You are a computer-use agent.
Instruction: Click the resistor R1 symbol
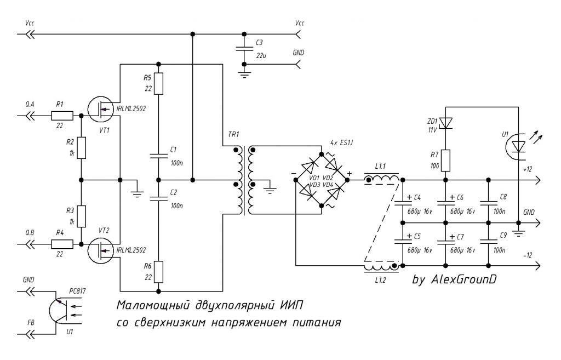click(x=62, y=116)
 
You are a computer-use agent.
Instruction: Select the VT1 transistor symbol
click(x=101, y=110)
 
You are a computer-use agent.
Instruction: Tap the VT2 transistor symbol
click(x=101, y=250)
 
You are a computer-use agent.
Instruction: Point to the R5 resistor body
click(x=158, y=83)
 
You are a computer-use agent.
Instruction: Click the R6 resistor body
click(x=158, y=272)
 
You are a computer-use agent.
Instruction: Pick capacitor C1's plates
click(x=158, y=156)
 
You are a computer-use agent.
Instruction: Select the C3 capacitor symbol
click(x=244, y=49)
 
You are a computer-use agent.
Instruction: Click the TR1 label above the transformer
click(x=233, y=135)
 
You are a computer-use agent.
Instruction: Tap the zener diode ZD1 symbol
click(x=445, y=123)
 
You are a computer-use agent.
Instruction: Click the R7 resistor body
click(x=445, y=161)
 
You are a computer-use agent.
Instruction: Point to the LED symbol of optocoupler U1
click(x=518, y=147)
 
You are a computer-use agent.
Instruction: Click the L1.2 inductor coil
click(x=381, y=267)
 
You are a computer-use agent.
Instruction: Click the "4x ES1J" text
click(x=342, y=142)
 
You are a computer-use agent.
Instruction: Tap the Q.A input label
click(x=30, y=104)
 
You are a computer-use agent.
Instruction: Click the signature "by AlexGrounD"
click(x=454, y=279)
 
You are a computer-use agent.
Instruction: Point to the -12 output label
click(x=528, y=255)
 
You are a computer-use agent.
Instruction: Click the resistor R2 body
click(x=82, y=148)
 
